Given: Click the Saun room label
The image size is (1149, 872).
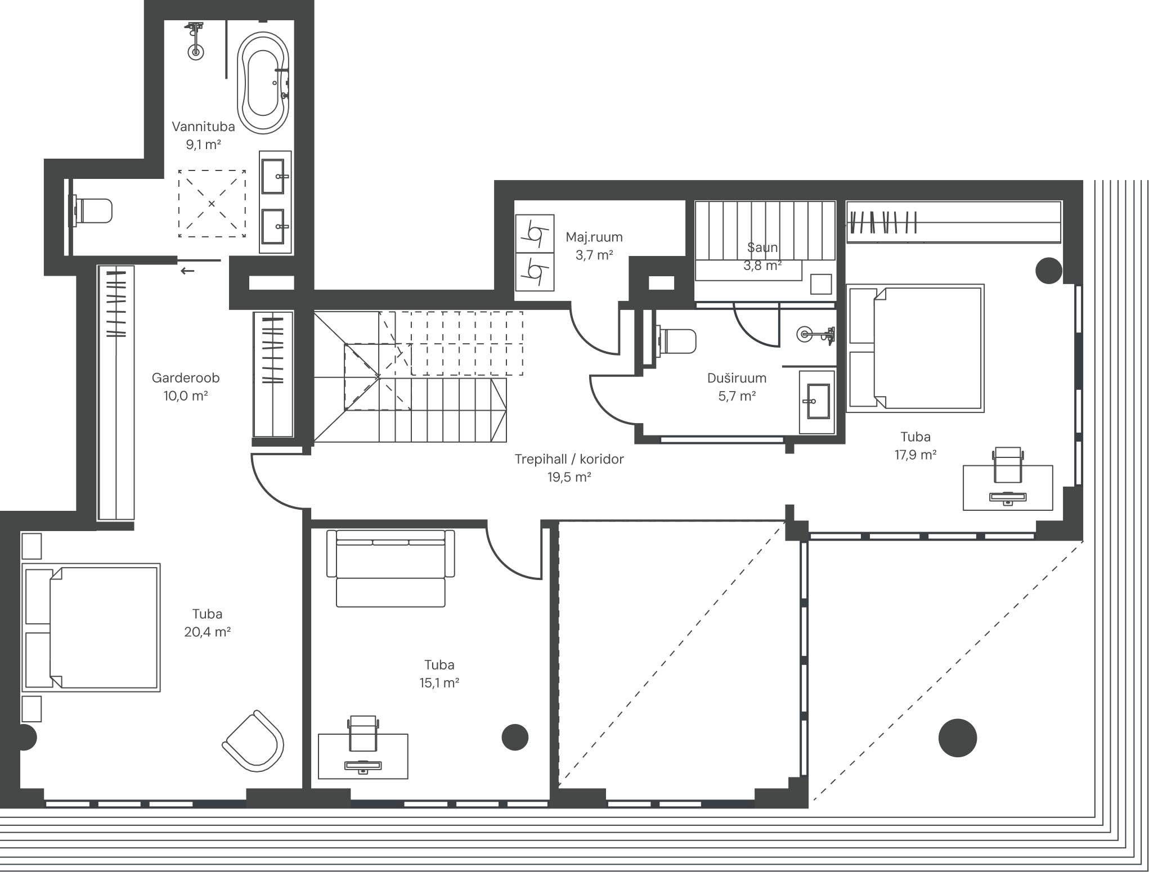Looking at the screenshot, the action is pyautogui.click(x=762, y=247).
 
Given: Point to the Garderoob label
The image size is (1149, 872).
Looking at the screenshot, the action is pyautogui.click(x=186, y=378).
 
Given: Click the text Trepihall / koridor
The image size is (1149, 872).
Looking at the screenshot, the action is pyautogui.click(x=569, y=459).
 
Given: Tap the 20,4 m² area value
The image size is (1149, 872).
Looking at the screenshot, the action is pyautogui.click(x=208, y=632).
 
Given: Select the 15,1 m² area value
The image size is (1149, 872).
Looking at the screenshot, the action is pyautogui.click(x=439, y=683).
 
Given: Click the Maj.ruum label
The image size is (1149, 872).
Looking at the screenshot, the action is pyautogui.click(x=594, y=237).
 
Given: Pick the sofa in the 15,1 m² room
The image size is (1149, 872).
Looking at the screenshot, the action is pyautogui.click(x=391, y=568).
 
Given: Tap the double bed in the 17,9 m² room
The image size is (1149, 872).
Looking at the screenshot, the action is pyautogui.click(x=915, y=348).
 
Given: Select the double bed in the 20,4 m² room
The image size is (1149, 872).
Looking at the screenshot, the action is pyautogui.click(x=91, y=628).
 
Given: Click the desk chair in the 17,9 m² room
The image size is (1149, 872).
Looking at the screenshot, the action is pyautogui.click(x=1007, y=465).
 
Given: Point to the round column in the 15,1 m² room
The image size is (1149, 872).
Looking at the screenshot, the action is pyautogui.click(x=515, y=737).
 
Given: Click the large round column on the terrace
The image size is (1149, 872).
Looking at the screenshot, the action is pyautogui.click(x=958, y=738).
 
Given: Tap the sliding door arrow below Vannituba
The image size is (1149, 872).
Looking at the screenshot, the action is pyautogui.click(x=187, y=271).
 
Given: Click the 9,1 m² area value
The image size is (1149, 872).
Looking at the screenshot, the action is pyautogui.click(x=204, y=145).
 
